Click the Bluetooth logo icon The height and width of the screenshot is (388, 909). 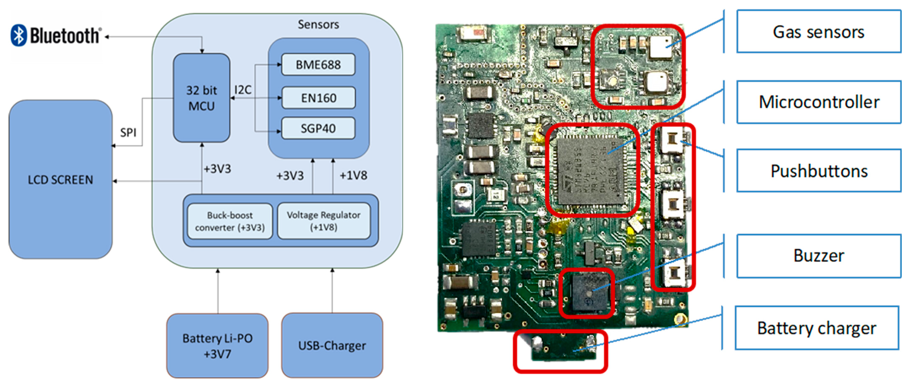(x=19, y=35)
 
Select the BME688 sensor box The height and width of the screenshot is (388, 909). (x=318, y=65)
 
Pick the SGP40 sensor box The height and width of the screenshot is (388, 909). (x=318, y=128)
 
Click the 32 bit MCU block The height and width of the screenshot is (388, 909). (x=202, y=98)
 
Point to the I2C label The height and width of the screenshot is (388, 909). (x=243, y=90)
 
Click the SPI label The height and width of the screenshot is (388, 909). (x=128, y=133)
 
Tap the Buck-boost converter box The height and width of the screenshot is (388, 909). (x=230, y=221)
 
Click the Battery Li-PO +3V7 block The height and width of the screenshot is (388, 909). (x=217, y=346)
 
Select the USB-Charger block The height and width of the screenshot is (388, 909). (x=332, y=346)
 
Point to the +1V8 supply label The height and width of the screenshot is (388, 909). (x=353, y=175)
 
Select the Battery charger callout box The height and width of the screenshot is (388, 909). (x=817, y=328)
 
